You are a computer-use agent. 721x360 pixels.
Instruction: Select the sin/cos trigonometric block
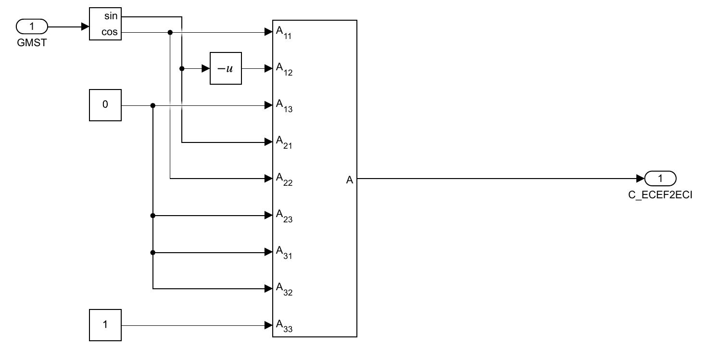[105, 24]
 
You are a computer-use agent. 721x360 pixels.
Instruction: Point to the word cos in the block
[110, 32]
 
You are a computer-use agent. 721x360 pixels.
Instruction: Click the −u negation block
[225, 68]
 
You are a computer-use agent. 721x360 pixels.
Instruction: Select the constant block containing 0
[105, 105]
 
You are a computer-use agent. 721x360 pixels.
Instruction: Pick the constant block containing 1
[105, 325]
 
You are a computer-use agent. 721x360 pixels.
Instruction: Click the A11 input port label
[284, 33]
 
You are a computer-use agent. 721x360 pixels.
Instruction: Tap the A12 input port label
[284, 69]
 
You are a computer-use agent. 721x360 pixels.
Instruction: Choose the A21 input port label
[284, 142]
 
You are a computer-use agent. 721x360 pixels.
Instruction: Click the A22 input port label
[284, 179]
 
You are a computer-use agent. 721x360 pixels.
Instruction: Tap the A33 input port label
[284, 325]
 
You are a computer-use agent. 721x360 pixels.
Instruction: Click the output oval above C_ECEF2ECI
[660, 179]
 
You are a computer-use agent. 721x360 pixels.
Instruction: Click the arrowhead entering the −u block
[206, 68]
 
